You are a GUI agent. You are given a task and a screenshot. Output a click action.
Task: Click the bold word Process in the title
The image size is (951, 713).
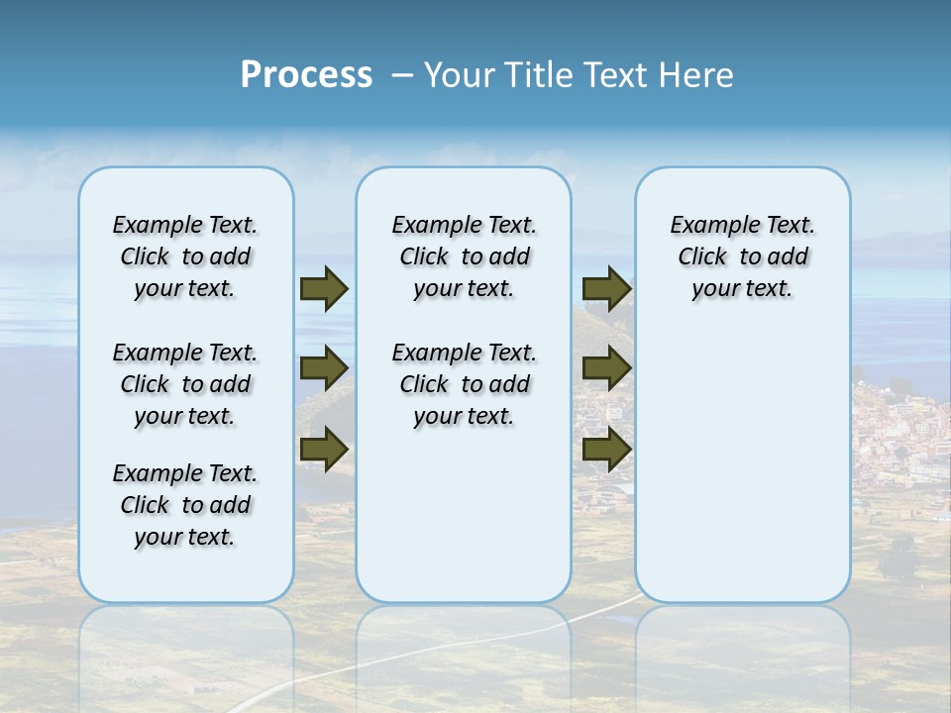pyautogui.click(x=306, y=74)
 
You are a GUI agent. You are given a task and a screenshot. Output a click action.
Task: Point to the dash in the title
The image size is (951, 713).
pyautogui.click(x=401, y=75)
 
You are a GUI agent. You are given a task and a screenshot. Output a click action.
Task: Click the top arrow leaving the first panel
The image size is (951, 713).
pyautogui.click(x=324, y=288)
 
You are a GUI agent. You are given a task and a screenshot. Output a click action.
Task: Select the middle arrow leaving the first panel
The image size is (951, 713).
pyautogui.click(x=324, y=368)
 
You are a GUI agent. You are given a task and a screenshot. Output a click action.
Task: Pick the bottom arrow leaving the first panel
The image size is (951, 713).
pyautogui.click(x=324, y=449)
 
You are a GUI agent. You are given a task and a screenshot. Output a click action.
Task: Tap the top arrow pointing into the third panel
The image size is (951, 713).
pyautogui.click(x=606, y=288)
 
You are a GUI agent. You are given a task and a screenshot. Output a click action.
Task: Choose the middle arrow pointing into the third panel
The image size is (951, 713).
pyautogui.click(x=606, y=368)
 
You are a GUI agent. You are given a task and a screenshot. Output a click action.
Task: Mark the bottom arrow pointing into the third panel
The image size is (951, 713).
pyautogui.click(x=606, y=449)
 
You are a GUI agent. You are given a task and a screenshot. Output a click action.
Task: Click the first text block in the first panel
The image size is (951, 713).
pyautogui.click(x=185, y=256)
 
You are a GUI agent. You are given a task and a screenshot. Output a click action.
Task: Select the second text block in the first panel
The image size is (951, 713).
pyautogui.click(x=185, y=384)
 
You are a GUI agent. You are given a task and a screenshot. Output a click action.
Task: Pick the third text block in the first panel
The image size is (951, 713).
pyautogui.click(x=185, y=505)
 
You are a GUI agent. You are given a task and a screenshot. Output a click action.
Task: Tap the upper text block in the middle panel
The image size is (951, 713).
pyautogui.click(x=464, y=256)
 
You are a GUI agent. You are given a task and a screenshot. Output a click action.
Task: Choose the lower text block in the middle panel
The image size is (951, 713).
pyautogui.click(x=464, y=384)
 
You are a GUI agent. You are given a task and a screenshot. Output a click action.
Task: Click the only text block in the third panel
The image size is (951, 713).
pyautogui.click(x=742, y=256)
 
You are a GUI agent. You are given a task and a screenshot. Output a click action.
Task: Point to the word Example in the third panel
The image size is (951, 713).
pyautogui.click(x=708, y=226)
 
